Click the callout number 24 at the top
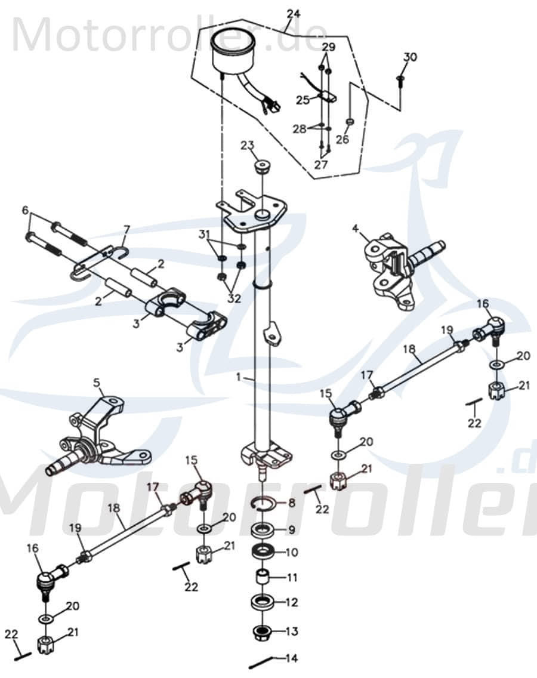coord(293,14)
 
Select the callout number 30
coord(410,57)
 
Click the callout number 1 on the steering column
coord(240,378)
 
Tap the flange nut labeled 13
coord(264,631)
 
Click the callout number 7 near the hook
coord(126,229)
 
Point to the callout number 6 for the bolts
coord(25,210)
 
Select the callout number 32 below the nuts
coord(234,298)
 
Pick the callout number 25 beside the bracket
coord(303,100)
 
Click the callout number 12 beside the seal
coord(291,603)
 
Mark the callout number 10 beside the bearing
coord(291,553)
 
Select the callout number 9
coord(291,529)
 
